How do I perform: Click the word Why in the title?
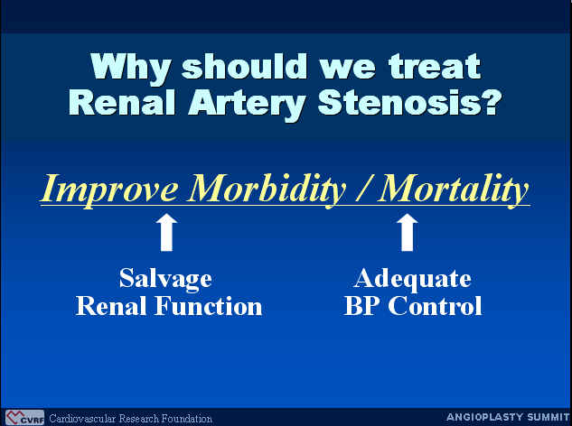click(131, 69)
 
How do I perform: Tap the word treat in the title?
click(435, 66)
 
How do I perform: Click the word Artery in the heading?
click(247, 104)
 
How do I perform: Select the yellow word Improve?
click(109, 190)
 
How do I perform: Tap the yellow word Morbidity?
click(266, 190)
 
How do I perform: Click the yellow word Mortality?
click(453, 190)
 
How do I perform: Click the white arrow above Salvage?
click(166, 233)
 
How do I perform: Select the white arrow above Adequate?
click(408, 233)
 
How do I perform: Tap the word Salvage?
click(165, 279)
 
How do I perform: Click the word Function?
click(209, 306)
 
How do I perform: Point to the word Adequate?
click(412, 280)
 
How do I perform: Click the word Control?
click(435, 306)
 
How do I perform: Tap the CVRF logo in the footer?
click(24, 418)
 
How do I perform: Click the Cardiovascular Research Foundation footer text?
click(131, 419)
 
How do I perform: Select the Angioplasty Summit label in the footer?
click(508, 417)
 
